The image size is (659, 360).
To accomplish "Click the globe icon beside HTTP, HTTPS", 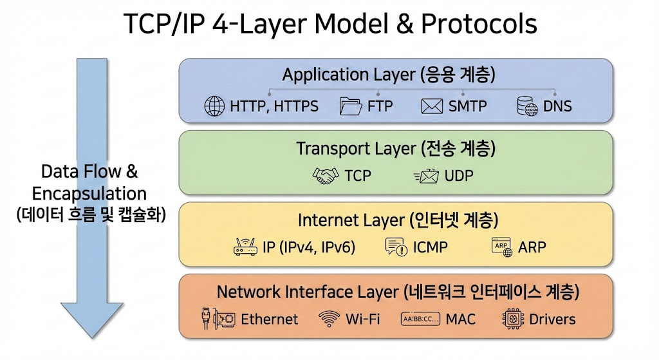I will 214,106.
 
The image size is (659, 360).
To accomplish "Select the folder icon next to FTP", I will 350,106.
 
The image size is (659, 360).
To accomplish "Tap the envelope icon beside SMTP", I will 432,106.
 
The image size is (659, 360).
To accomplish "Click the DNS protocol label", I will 557,106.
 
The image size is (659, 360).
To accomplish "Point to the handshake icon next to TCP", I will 325,175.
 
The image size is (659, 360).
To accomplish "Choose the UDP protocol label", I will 459,175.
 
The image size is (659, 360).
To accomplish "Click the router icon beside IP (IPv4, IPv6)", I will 246,247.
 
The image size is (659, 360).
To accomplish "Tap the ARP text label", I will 532,247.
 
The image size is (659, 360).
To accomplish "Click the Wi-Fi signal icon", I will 329,318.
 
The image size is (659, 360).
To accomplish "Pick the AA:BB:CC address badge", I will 420,318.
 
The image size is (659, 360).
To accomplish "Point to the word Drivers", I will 552,319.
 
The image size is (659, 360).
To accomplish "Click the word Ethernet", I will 269,319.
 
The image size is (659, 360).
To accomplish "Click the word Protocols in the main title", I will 479,24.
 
